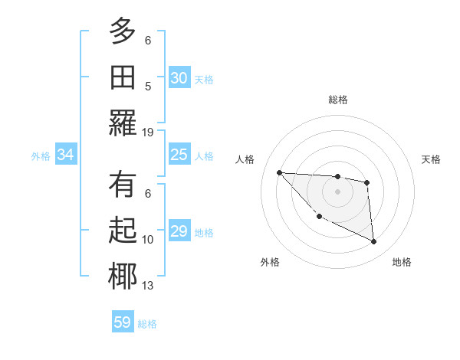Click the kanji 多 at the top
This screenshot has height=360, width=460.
(x=123, y=31)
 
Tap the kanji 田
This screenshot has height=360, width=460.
(x=123, y=77)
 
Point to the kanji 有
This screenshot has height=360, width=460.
(x=123, y=185)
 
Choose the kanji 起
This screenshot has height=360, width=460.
(x=123, y=231)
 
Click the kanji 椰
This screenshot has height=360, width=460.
(x=123, y=277)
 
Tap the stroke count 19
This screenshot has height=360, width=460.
(x=148, y=132)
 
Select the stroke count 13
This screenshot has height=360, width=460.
(x=148, y=286)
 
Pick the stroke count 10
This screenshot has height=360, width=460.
(x=148, y=240)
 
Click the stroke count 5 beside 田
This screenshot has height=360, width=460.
(x=148, y=86)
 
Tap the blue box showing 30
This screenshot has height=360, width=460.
(x=179, y=78)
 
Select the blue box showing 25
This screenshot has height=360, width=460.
(x=179, y=155)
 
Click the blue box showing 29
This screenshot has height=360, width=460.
(x=179, y=231)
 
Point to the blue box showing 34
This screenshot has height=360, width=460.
(x=66, y=155)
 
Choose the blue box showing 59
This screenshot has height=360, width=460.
(x=123, y=322)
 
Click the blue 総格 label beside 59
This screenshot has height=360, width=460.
(x=147, y=324)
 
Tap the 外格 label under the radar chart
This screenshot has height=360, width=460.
(x=270, y=262)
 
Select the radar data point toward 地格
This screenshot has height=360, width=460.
(x=374, y=242)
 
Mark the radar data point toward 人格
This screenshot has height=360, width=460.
(x=279, y=172)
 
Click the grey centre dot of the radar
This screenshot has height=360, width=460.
(x=337, y=191)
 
